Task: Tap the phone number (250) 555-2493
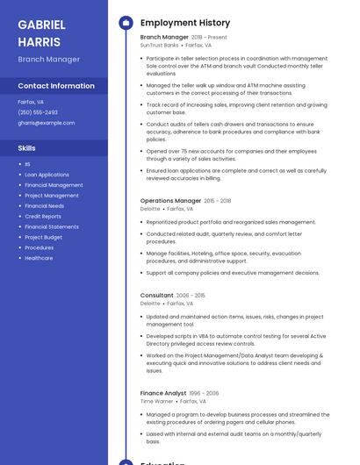38,112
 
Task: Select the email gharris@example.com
46,123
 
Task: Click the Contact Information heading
56,86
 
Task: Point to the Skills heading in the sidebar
26,148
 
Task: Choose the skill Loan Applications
47,175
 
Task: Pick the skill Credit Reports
43,217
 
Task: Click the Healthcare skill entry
39,258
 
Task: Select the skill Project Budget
43,237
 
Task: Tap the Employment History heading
185,23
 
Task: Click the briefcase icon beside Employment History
126,23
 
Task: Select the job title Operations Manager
170,201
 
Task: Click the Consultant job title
156,296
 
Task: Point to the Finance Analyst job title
162,393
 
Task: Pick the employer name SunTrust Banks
159,45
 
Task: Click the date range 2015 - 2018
218,201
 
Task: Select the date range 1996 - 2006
204,393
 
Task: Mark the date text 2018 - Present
209,38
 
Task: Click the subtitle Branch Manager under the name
48,60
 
